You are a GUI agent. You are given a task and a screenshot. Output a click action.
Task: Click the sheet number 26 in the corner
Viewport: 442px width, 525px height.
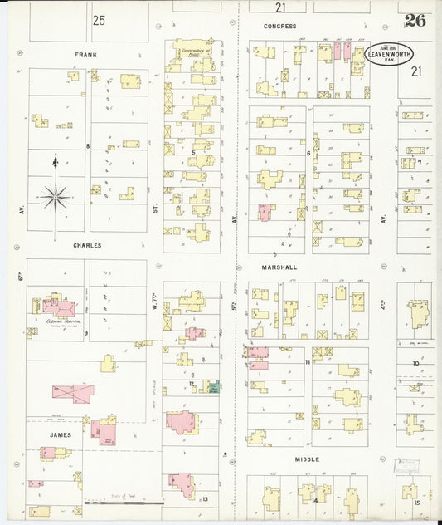pyautogui.click(x=415, y=21)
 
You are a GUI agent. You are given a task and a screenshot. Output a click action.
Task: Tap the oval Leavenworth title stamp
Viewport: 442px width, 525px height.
pyautogui.click(x=389, y=55)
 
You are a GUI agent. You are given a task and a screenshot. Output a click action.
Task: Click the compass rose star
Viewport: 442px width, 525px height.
pyautogui.click(x=56, y=197)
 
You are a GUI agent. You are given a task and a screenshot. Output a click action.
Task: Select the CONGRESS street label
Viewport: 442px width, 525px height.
pyautogui.click(x=279, y=26)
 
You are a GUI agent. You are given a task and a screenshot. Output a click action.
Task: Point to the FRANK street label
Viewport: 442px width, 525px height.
pyautogui.click(x=85, y=54)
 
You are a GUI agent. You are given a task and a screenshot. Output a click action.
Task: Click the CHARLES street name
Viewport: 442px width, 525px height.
pyautogui.click(x=86, y=245)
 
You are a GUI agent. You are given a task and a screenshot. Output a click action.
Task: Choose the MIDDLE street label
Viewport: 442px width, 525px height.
pyautogui.click(x=306, y=458)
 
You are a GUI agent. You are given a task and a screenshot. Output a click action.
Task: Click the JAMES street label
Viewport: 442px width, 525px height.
pyautogui.click(x=60, y=434)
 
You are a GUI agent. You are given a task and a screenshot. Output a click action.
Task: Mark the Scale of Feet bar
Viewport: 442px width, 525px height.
pyautogui.click(x=124, y=502)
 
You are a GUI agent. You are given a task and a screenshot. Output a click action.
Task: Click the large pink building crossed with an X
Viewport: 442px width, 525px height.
pyautogui.click(x=73, y=390)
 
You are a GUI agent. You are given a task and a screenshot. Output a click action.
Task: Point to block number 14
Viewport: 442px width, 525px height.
pyautogui.click(x=314, y=500)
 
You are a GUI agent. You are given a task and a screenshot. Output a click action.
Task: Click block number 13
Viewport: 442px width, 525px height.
pyautogui.click(x=204, y=498)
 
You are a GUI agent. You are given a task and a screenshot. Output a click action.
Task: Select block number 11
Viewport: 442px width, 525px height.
pyautogui.click(x=308, y=362)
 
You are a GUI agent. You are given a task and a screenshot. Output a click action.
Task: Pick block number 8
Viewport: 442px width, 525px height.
pyautogui.click(x=87, y=145)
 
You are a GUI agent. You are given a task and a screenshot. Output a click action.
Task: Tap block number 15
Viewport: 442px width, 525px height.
pyautogui.click(x=417, y=502)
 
